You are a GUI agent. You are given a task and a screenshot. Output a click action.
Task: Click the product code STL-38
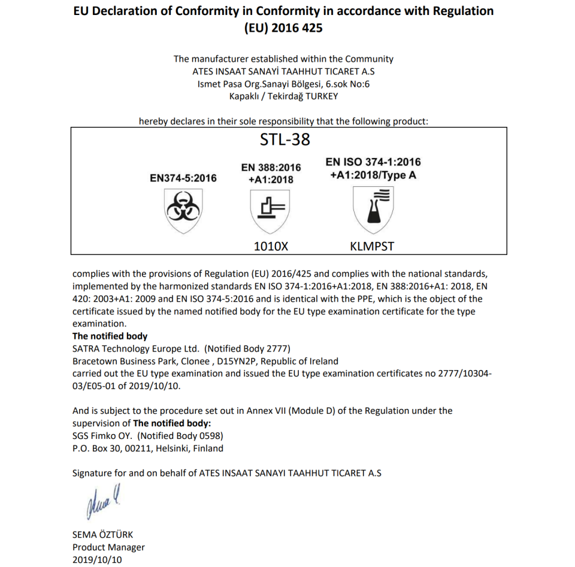click(285, 140)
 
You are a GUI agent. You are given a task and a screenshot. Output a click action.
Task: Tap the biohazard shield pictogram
click(183, 210)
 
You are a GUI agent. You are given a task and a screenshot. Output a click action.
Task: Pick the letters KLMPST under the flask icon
click(372, 245)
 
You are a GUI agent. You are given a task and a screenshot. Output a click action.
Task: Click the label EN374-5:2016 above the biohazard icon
click(183, 178)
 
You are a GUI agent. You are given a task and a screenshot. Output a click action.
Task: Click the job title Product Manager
click(108, 547)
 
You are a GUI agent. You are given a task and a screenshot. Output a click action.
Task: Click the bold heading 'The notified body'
click(110, 336)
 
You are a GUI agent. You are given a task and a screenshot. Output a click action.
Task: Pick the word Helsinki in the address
click(178, 448)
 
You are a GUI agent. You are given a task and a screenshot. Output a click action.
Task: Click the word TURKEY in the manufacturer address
click(320, 96)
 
